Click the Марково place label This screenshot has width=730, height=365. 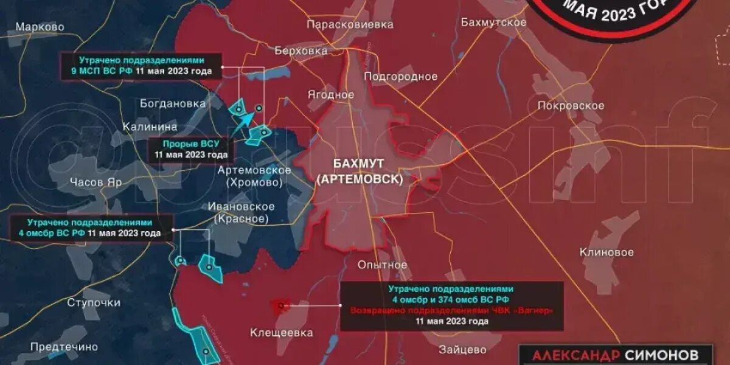40,27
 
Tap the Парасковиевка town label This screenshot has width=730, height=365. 350,24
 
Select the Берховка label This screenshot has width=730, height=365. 301,50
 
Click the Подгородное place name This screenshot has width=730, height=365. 400,76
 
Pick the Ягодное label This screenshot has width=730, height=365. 330,95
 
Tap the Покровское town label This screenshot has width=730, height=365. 571,105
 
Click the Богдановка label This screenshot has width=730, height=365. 173,103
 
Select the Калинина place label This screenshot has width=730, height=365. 150,127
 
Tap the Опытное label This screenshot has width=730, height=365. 382,265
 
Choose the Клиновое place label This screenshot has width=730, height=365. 607,252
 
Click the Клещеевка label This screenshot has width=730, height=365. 281,332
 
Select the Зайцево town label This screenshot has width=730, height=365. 462,350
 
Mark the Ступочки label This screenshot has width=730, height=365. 94,302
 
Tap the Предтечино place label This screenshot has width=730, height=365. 64,347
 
